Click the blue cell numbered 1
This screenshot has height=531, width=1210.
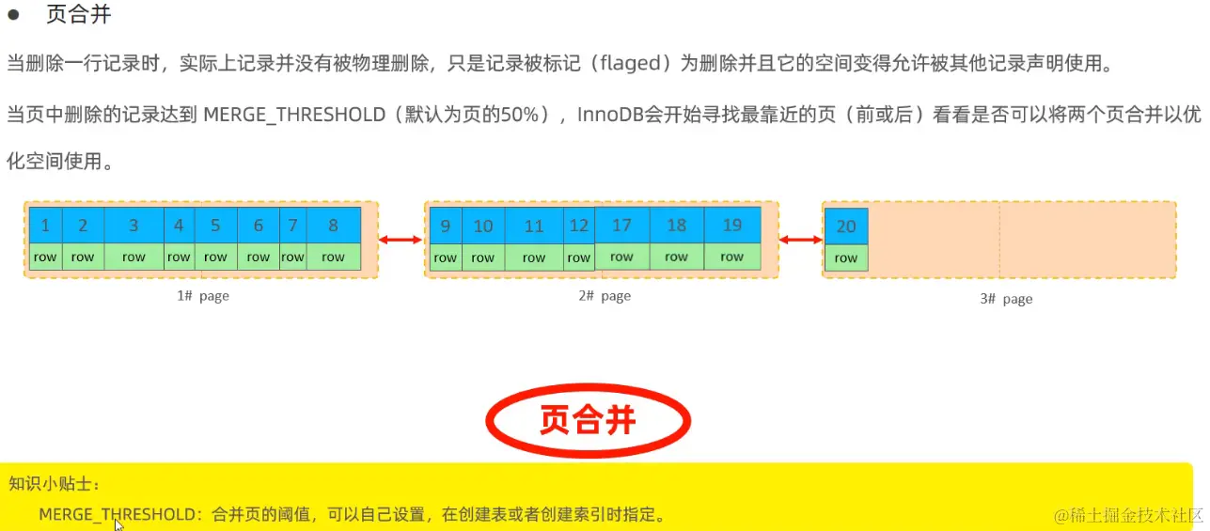[45, 226]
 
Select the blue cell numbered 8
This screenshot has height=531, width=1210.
[333, 226]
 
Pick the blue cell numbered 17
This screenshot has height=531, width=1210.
[621, 226]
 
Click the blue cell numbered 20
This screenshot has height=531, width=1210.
[846, 226]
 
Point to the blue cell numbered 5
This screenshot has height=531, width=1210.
[215, 226]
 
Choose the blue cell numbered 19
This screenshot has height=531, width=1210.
[731, 226]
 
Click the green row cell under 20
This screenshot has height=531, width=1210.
[846, 258]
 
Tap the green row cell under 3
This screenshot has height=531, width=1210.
[134, 258]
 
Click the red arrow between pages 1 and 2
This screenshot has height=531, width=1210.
[401, 241]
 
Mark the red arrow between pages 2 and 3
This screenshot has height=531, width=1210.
[800, 241]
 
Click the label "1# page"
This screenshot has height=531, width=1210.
[203, 296]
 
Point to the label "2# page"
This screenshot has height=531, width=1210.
[605, 296]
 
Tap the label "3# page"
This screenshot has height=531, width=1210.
[1006, 299]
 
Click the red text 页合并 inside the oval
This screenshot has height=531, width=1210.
[588, 420]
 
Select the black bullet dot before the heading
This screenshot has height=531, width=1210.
[13, 14]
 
